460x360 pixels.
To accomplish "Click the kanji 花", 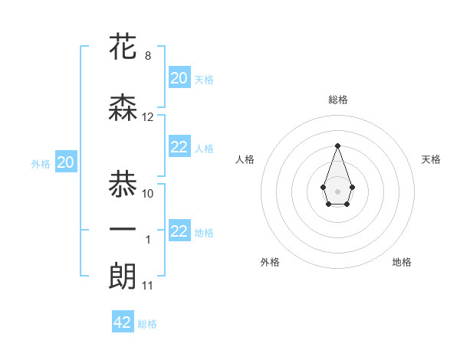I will [123, 47].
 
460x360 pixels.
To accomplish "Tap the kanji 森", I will [123, 109].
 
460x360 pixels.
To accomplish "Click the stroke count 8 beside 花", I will [148, 56].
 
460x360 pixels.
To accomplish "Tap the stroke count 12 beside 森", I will [148, 117].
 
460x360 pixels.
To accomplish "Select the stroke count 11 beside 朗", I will [148, 286].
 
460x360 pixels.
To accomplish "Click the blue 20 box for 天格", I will [179, 77].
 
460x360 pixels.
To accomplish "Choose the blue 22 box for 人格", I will [179, 148].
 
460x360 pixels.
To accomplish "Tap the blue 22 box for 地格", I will [179, 232].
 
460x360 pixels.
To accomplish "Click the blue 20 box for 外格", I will [66, 162].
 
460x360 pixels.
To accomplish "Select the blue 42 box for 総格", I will [123, 322].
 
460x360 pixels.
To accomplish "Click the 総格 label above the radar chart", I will [337, 100].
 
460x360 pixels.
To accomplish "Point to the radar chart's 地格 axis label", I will [402, 262].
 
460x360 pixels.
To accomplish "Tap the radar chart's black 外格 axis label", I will [270, 262].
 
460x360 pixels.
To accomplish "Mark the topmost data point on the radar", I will [337, 146].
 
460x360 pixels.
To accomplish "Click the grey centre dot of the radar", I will [337, 190].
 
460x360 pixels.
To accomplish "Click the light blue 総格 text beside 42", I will [147, 324].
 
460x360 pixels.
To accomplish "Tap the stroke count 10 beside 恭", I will [148, 194].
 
